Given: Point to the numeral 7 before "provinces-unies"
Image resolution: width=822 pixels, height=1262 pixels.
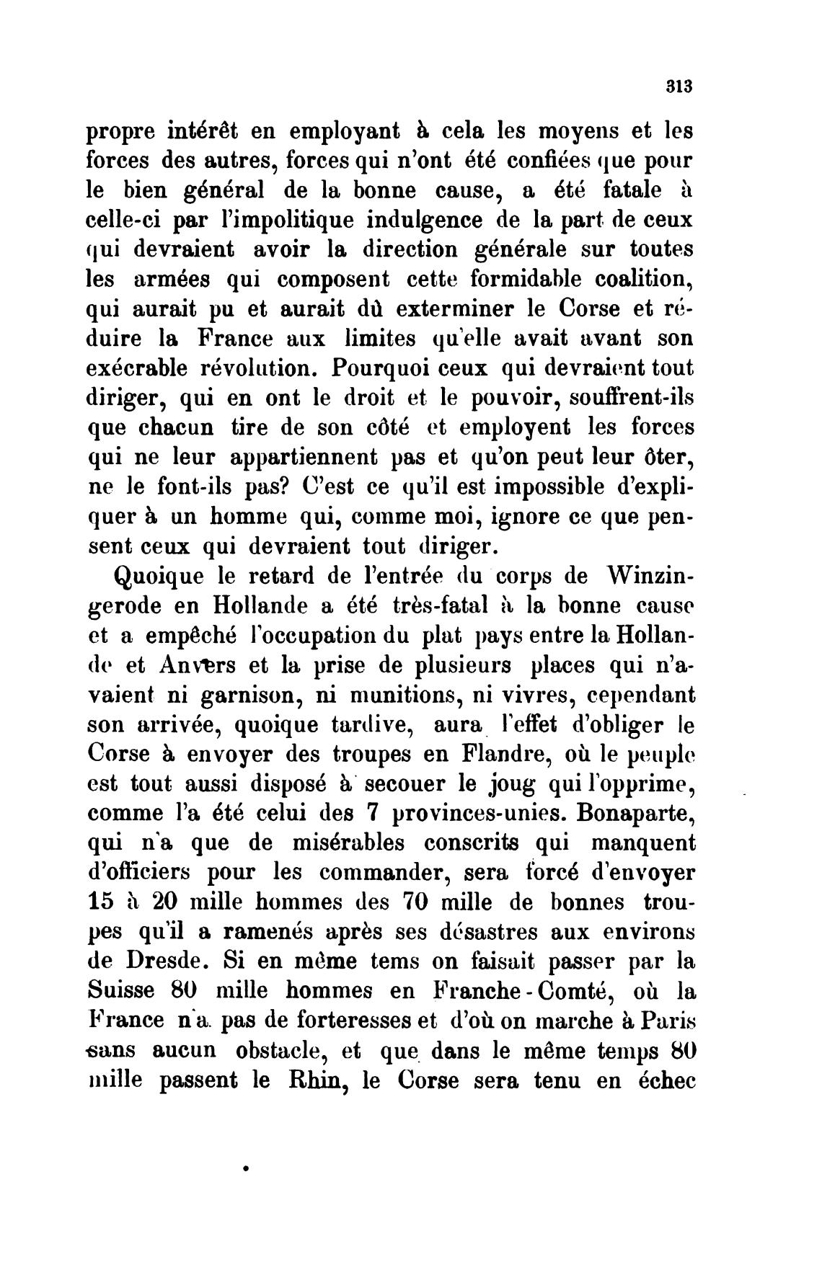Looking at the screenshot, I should coord(373,813).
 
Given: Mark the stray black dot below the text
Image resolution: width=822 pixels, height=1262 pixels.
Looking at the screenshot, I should coord(247,1165).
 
